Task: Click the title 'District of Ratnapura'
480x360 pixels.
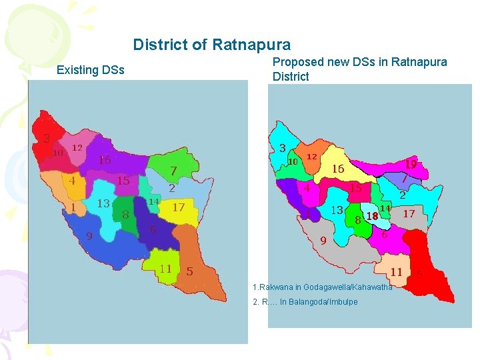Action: point(211,45)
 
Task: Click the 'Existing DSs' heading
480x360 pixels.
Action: point(91,70)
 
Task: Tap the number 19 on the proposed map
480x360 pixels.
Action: point(411,163)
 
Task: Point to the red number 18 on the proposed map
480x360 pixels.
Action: point(372,216)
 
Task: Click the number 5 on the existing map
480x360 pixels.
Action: point(189,271)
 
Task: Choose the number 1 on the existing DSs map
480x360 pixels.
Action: point(73,207)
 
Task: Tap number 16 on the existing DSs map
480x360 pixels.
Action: point(105,160)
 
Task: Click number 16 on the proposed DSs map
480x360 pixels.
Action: point(338,169)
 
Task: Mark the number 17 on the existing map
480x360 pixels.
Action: point(178,207)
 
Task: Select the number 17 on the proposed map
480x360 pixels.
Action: point(409,213)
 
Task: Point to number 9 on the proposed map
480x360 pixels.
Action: point(322,241)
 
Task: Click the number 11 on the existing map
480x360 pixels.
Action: point(165,269)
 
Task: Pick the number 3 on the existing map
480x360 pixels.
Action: point(47,139)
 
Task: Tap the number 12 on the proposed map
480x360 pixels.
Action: point(311,157)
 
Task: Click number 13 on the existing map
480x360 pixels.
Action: point(103,203)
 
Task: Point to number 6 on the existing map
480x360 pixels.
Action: point(153,230)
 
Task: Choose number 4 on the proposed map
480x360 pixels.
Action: point(307,188)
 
